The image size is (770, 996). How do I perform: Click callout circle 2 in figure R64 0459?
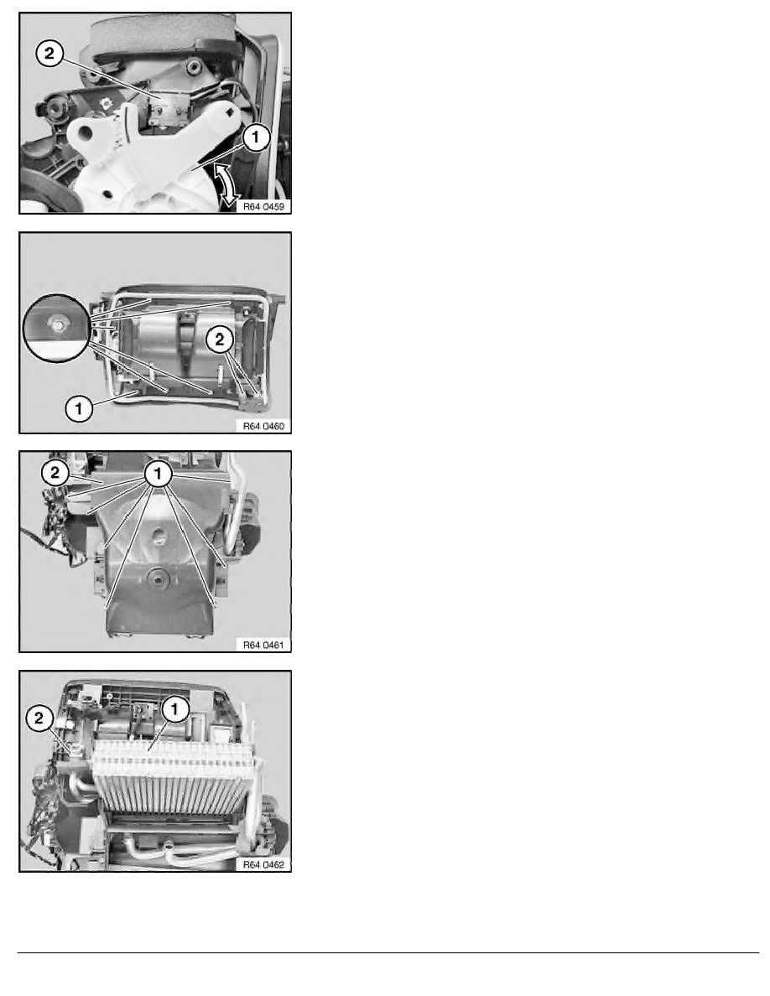49,53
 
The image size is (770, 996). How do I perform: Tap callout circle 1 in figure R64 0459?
256,137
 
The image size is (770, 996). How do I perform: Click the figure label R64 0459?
263,206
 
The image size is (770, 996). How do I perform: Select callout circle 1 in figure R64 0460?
79,408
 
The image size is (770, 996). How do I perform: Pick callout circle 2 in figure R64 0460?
219,340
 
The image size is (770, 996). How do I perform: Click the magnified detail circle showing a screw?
57,328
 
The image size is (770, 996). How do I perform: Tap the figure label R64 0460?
263,426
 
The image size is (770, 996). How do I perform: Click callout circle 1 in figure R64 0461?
159,473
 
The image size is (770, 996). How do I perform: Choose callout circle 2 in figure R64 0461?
55,472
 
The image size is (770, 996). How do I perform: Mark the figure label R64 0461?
263,645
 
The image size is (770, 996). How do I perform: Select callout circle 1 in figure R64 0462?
175,709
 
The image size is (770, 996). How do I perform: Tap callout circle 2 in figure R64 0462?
39,718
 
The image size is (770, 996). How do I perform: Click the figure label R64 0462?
263,864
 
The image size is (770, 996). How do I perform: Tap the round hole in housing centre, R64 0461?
155,578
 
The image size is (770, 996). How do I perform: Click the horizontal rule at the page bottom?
388,952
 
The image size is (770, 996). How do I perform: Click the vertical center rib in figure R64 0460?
187,343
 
